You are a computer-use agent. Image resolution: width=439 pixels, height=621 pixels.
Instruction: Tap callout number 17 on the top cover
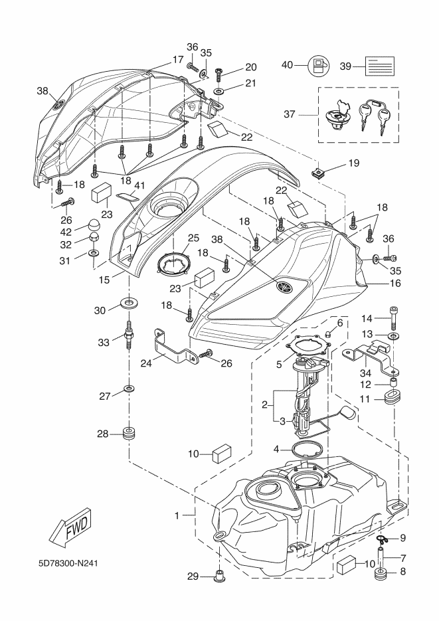[177, 59]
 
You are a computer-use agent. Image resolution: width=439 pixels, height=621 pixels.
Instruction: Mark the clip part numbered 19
[319, 174]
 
